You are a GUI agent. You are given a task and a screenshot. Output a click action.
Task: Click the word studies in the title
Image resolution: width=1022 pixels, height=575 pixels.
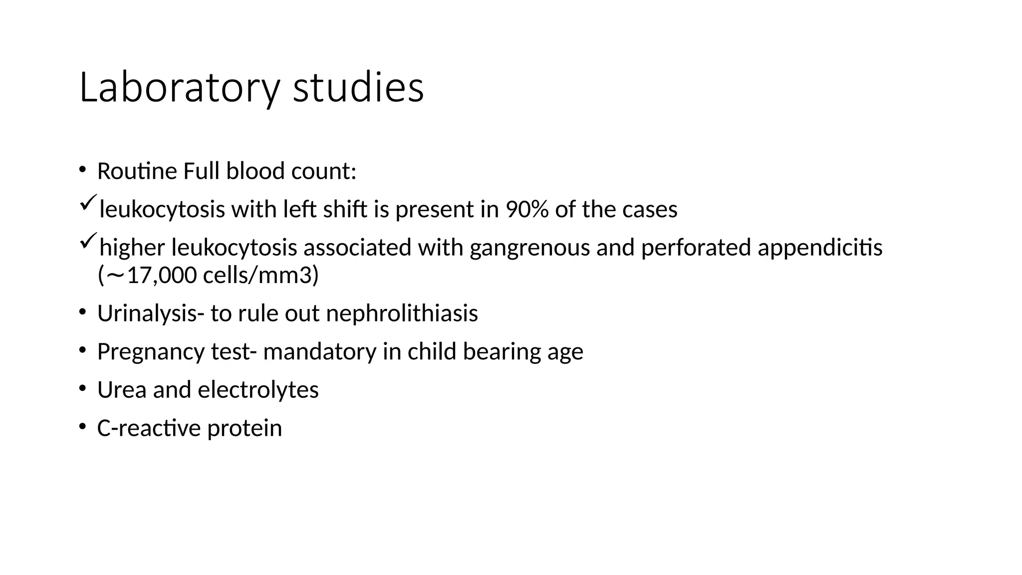point(358,88)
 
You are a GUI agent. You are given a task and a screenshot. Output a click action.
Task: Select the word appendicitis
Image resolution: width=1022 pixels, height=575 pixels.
point(820,248)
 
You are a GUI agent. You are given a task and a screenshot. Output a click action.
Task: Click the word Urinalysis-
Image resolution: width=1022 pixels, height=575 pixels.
point(150,314)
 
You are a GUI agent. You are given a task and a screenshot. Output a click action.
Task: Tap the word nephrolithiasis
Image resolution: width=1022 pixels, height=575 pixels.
point(402,314)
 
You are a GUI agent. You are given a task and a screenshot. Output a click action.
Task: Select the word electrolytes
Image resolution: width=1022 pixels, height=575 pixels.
point(258,390)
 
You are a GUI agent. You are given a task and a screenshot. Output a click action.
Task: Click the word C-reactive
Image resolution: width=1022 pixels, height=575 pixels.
point(148,428)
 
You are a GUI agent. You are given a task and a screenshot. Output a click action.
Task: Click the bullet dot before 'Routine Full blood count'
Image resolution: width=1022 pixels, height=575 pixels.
point(82,170)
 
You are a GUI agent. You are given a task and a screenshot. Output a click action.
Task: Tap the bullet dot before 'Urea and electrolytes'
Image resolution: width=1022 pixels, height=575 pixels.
point(82,388)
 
